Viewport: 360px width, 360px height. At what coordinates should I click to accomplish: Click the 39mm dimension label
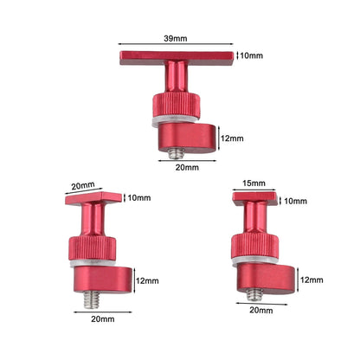pos(176,38)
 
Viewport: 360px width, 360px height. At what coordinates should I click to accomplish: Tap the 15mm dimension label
pos(254,183)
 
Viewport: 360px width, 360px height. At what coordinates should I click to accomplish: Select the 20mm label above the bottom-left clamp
pos(83,186)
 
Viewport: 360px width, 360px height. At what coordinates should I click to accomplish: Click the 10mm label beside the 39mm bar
pos(252,55)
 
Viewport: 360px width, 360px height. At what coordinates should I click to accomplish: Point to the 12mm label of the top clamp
pos(232,138)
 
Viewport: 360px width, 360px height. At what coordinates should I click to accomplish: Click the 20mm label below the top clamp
pos(187,167)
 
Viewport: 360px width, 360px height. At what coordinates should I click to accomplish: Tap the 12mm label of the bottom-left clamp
pos(147,280)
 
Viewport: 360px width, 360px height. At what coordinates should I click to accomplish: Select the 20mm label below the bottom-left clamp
pos(103,319)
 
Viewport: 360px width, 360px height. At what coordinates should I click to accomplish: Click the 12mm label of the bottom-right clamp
pos(312,280)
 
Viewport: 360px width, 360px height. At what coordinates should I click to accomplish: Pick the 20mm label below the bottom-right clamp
pos(261,311)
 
